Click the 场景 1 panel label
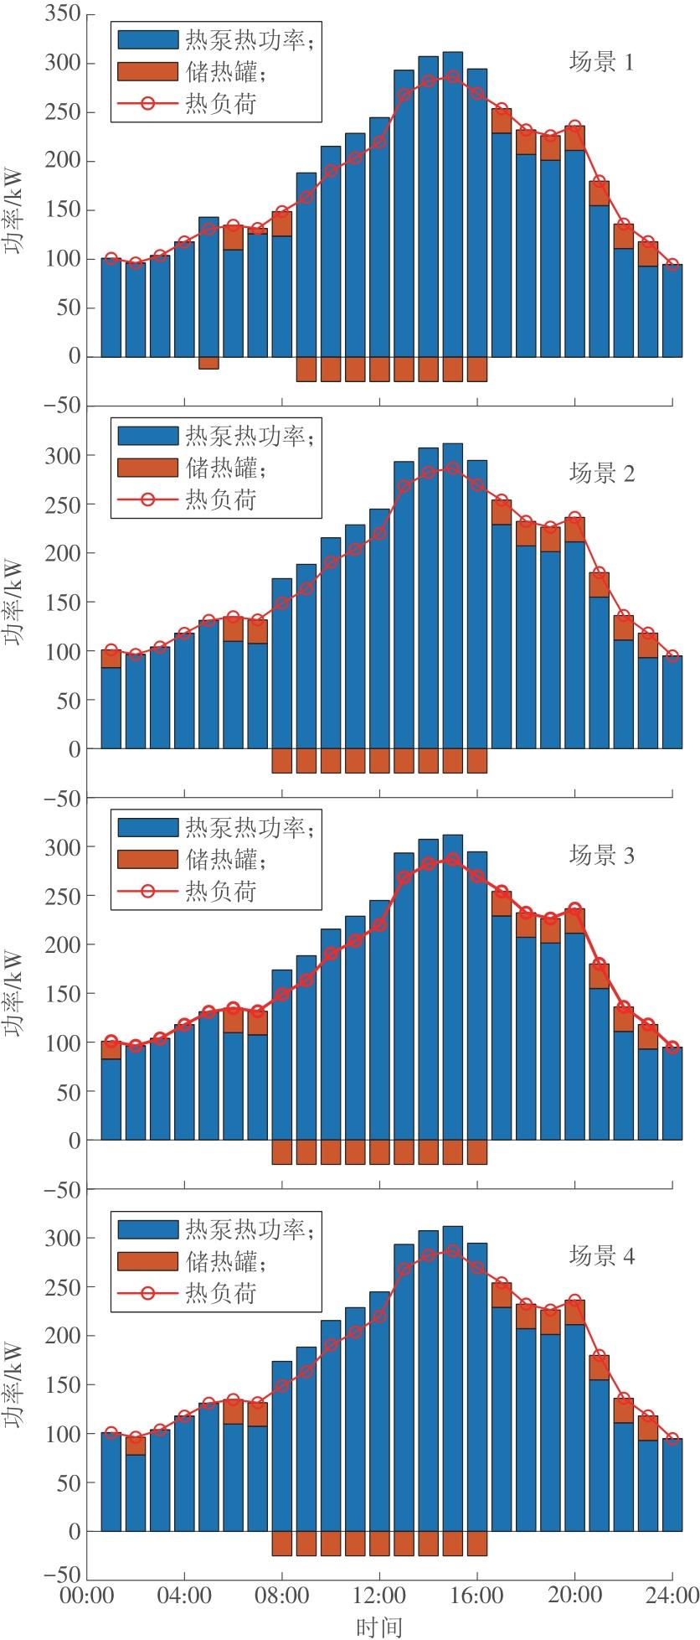[x=601, y=63]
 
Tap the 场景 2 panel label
[x=601, y=473]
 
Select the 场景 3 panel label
[x=601, y=856]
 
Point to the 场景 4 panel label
[x=601, y=1256]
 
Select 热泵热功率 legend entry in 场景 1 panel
[x=247, y=39]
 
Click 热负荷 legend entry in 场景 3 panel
[x=219, y=891]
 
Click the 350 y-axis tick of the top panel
[x=64, y=14]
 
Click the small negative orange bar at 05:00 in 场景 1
[x=208, y=363]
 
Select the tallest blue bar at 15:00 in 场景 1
[x=453, y=210]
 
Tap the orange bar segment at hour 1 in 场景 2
[x=111, y=659]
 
